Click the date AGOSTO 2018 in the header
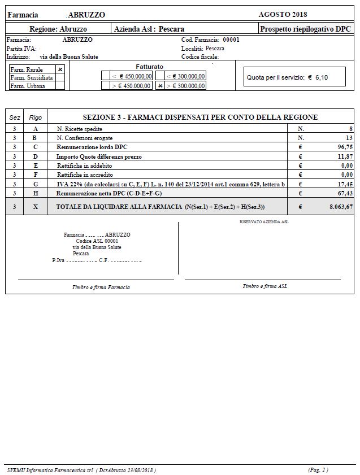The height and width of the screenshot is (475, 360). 283,14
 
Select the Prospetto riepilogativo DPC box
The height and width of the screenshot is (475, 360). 304,28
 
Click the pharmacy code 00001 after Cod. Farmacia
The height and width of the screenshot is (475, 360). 231,40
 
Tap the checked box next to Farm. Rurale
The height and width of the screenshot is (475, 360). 60,69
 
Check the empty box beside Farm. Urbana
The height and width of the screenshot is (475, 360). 60,86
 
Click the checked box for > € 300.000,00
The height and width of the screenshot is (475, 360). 161,86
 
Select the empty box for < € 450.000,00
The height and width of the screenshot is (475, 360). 106,76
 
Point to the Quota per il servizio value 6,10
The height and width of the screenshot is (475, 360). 321,77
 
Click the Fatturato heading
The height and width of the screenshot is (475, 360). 150,67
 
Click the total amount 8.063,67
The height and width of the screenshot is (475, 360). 337,207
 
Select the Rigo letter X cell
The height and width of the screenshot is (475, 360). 35,207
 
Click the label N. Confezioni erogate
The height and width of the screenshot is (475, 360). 84,138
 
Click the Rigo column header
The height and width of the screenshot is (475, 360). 35,117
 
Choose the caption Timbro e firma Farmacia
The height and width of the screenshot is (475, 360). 101,287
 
